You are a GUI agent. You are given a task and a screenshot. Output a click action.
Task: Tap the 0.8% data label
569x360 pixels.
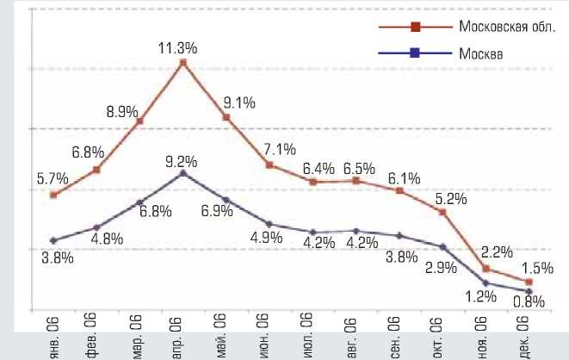(529, 301)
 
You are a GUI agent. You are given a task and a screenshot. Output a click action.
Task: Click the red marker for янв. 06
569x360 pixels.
(54, 196)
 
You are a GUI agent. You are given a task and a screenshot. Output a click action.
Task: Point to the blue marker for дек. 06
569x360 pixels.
(529, 291)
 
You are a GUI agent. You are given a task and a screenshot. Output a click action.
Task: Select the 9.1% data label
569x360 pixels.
(238, 104)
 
